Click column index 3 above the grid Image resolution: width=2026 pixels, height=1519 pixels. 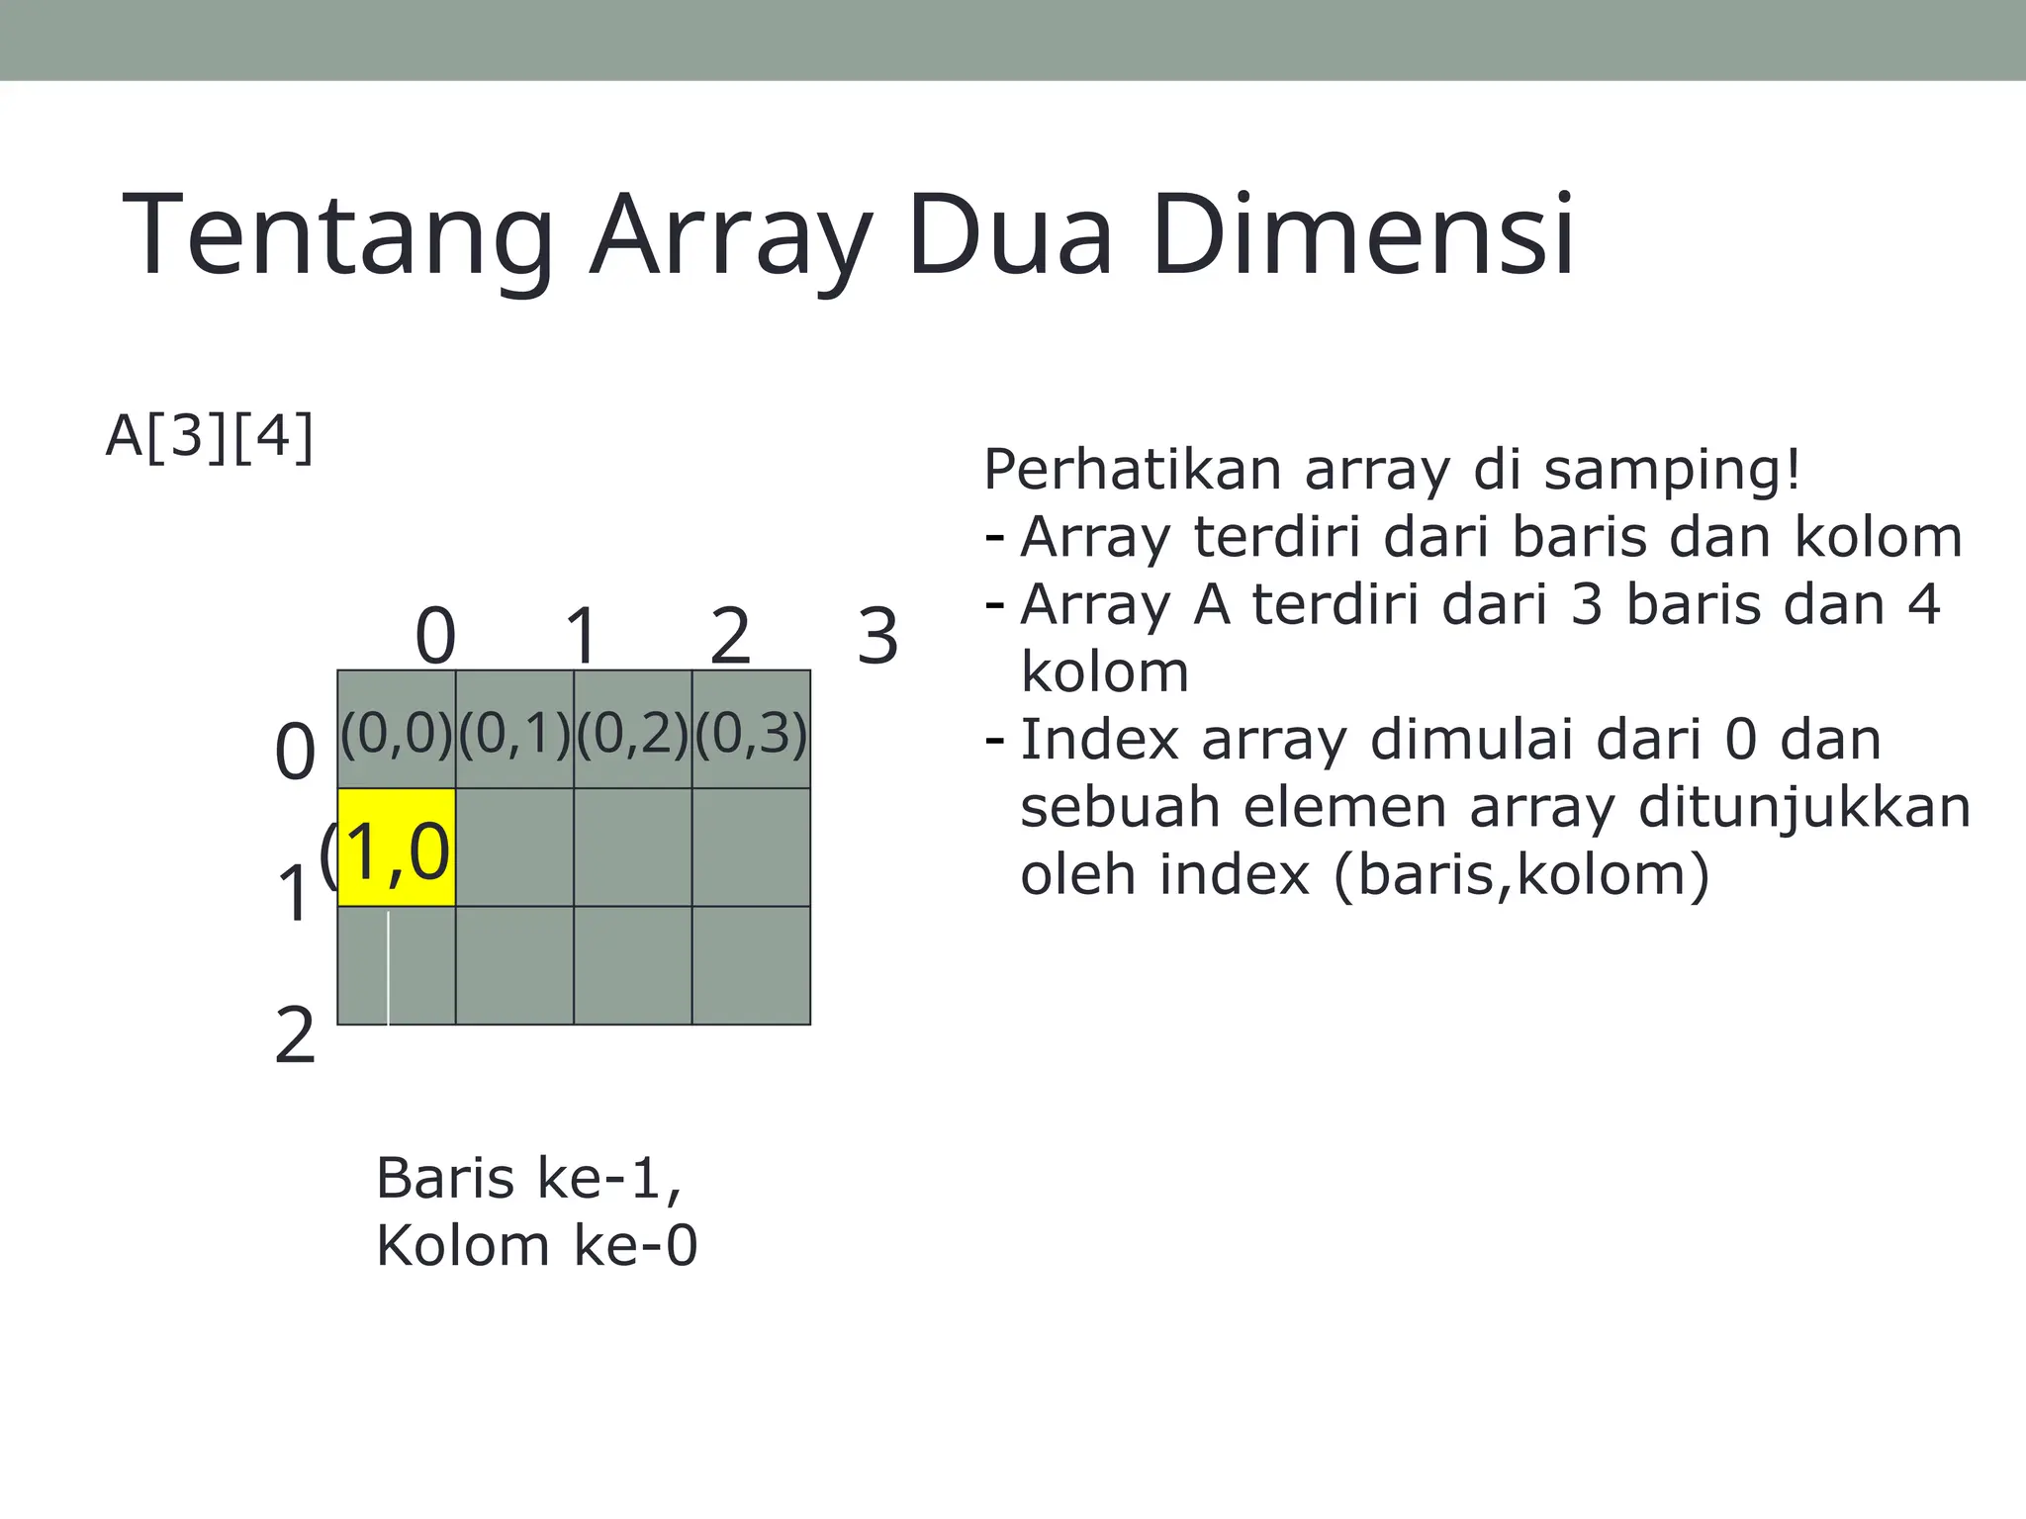(877, 636)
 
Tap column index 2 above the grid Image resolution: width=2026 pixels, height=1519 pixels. (730, 636)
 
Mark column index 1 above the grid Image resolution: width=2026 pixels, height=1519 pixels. (582, 636)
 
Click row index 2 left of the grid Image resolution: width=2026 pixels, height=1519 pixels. (295, 1035)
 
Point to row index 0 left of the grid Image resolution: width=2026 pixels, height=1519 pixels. (295, 752)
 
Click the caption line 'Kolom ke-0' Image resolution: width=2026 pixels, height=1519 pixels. (536, 1245)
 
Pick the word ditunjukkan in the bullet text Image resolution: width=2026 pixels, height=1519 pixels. (1804, 807)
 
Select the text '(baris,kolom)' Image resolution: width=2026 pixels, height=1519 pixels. (1521, 874)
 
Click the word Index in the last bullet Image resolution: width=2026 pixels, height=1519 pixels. (1099, 740)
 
